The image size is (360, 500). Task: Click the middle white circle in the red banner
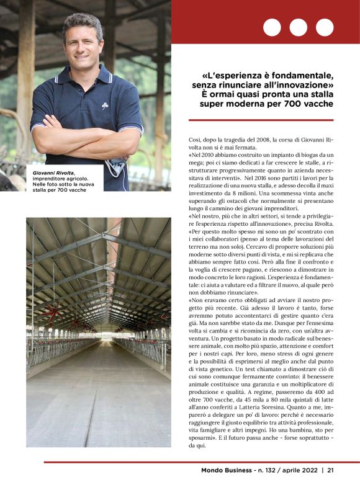298,27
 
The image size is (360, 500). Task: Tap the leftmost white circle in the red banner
272,27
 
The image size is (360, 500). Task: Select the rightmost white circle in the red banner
325,27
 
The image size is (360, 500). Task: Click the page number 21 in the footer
331,470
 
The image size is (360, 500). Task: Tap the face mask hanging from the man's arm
115,166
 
